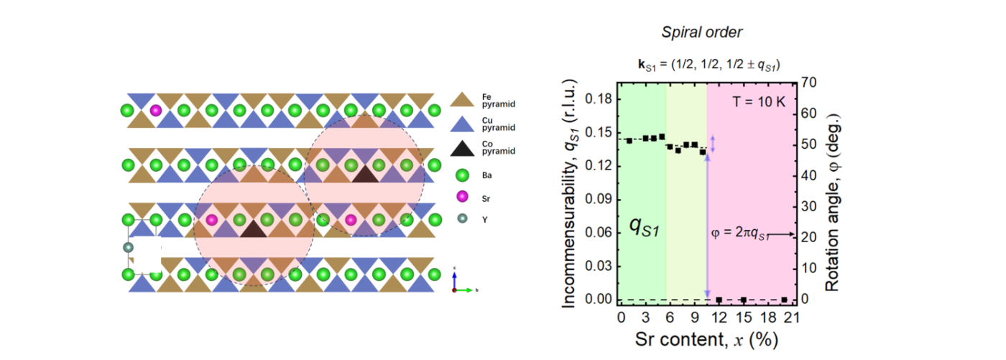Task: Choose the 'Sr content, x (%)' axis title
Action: point(706,337)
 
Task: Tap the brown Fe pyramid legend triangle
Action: point(461,100)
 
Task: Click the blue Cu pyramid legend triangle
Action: point(461,124)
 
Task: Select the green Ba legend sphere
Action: point(461,175)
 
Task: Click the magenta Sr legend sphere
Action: point(461,197)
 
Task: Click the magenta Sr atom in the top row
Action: point(156,111)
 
